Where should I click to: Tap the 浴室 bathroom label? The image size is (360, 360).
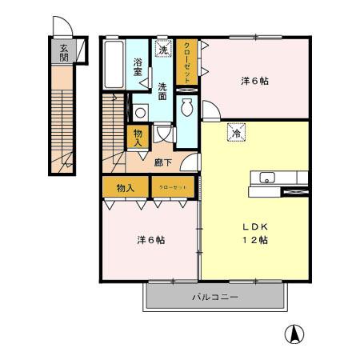click(138, 66)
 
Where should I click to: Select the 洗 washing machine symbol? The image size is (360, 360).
click(163, 50)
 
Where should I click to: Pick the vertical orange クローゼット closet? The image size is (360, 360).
click(186, 62)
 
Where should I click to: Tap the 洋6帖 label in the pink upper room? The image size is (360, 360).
click(257, 80)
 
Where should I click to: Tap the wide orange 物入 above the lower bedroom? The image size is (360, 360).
click(126, 188)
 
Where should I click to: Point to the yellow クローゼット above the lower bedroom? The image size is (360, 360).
click(173, 188)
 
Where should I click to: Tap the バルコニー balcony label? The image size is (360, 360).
click(214, 298)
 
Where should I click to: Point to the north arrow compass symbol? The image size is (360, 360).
click(294, 334)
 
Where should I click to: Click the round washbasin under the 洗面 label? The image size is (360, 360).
click(140, 113)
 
